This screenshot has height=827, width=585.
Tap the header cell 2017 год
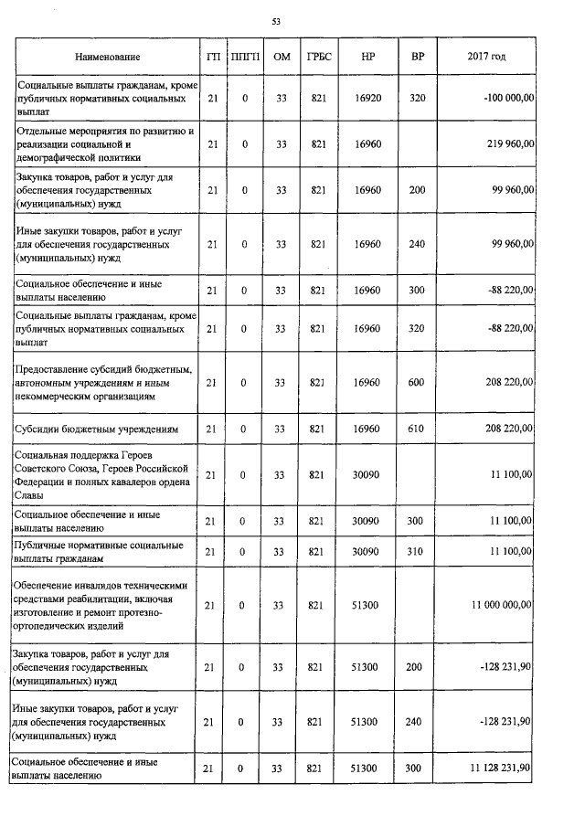click(x=486, y=57)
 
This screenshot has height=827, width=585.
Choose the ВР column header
click(x=418, y=57)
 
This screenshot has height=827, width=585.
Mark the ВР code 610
click(x=417, y=428)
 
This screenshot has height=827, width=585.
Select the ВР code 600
click(x=417, y=382)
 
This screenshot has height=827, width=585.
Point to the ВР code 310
click(x=417, y=552)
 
